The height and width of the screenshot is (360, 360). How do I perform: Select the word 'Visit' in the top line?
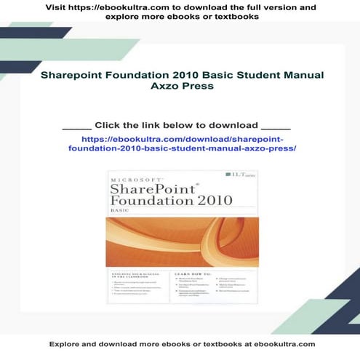57,7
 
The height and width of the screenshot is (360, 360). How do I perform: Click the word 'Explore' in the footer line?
65,343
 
